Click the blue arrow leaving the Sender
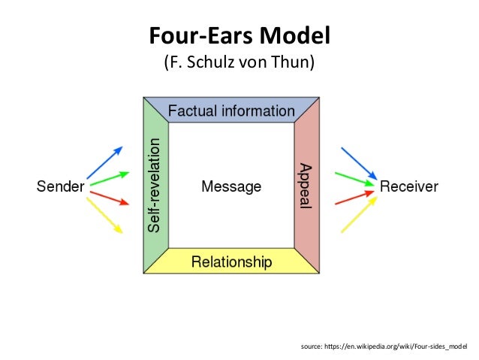(x=104, y=163)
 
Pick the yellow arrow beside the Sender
(x=105, y=214)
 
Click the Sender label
(x=61, y=186)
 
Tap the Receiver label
(x=409, y=186)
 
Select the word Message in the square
(x=231, y=186)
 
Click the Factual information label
(x=231, y=111)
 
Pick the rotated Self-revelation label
(x=155, y=184)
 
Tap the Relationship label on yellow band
(x=231, y=262)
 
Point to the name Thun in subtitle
(x=296, y=63)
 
